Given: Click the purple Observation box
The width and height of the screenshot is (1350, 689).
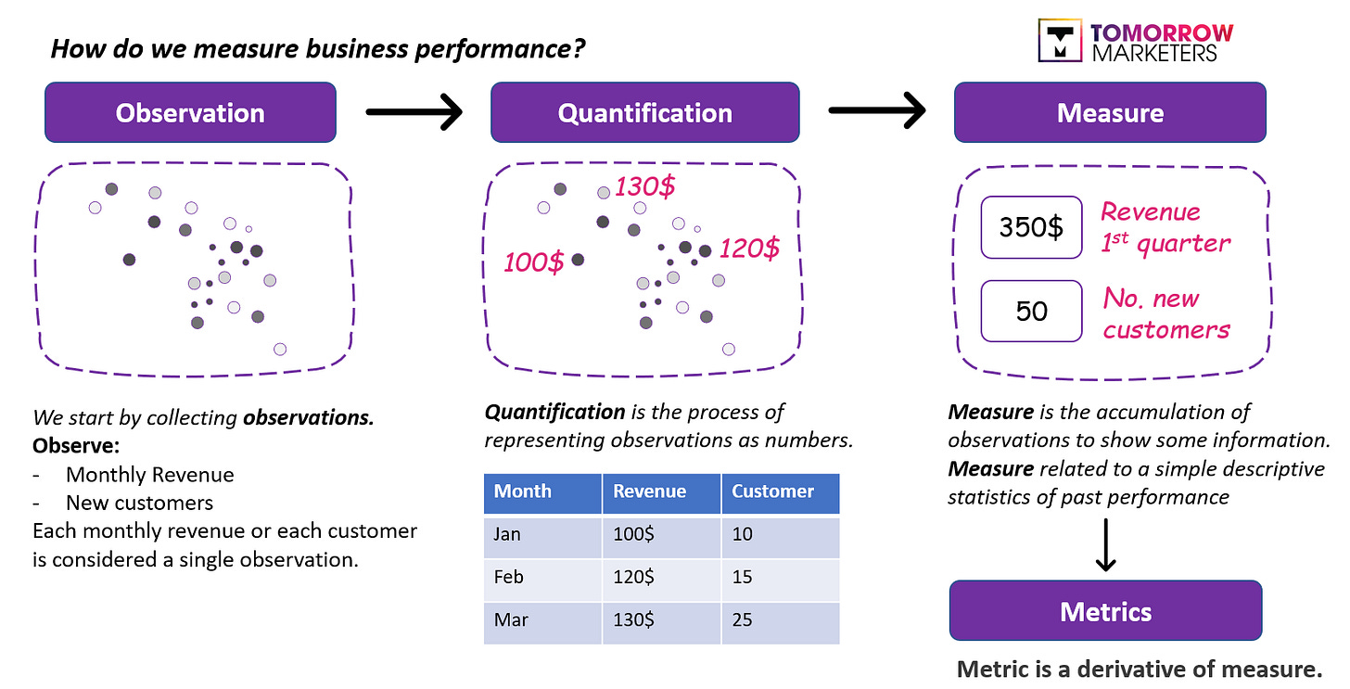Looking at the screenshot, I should point(190,113).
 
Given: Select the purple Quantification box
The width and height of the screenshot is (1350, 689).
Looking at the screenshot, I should point(644,113).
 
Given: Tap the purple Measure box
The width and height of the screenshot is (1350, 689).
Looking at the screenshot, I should point(1110,113).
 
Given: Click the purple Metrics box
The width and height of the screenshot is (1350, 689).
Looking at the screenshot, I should point(1105,611).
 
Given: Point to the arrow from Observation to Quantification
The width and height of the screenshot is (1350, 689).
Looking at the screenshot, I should point(414,113).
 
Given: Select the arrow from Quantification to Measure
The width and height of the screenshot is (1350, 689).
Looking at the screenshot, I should point(876,112).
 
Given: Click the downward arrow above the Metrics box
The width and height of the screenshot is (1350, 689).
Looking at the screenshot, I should point(1105,547).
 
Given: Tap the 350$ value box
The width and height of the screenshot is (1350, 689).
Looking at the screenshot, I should point(1031,227).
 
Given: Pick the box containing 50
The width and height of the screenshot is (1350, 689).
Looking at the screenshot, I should point(1031,311).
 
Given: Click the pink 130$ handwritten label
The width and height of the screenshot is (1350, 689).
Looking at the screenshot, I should point(645,186).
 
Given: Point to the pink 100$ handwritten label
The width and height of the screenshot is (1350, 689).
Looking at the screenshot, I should point(533,262).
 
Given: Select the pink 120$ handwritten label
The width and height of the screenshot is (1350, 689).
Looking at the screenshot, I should point(749,249).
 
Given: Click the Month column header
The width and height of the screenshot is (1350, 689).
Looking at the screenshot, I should point(523,491).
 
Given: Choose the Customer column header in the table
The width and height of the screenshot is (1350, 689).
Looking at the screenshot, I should point(772,491).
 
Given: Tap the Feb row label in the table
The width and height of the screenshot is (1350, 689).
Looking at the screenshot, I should point(509,577).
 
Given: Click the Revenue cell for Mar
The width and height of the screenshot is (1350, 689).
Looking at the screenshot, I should point(634,619).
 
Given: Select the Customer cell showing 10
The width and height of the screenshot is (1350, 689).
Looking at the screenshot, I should point(742,535).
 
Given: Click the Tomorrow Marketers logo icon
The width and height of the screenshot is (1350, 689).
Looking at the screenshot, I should point(1059,41).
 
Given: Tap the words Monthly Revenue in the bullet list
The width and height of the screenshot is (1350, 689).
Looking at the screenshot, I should point(149,475).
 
